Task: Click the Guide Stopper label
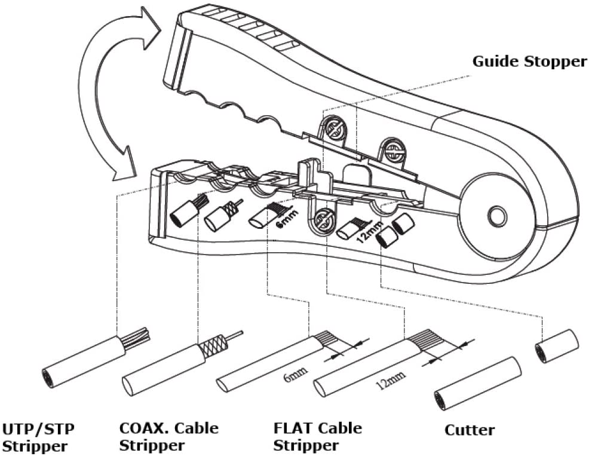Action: (x=529, y=62)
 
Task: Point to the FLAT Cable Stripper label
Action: (x=317, y=437)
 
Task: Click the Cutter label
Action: (x=470, y=430)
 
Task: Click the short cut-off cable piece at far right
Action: (x=556, y=346)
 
